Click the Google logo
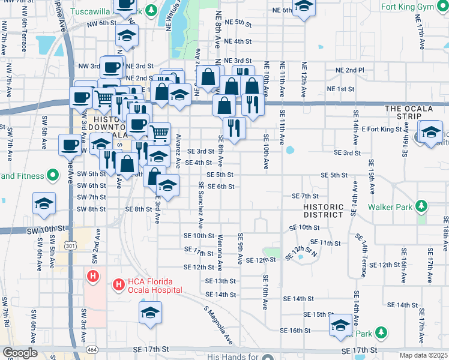(19, 353)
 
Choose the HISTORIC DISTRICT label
(324, 211)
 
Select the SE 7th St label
(304, 196)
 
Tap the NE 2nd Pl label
(350, 70)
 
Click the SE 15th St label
(318, 314)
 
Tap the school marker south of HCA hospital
(150, 312)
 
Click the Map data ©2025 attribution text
(424, 355)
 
